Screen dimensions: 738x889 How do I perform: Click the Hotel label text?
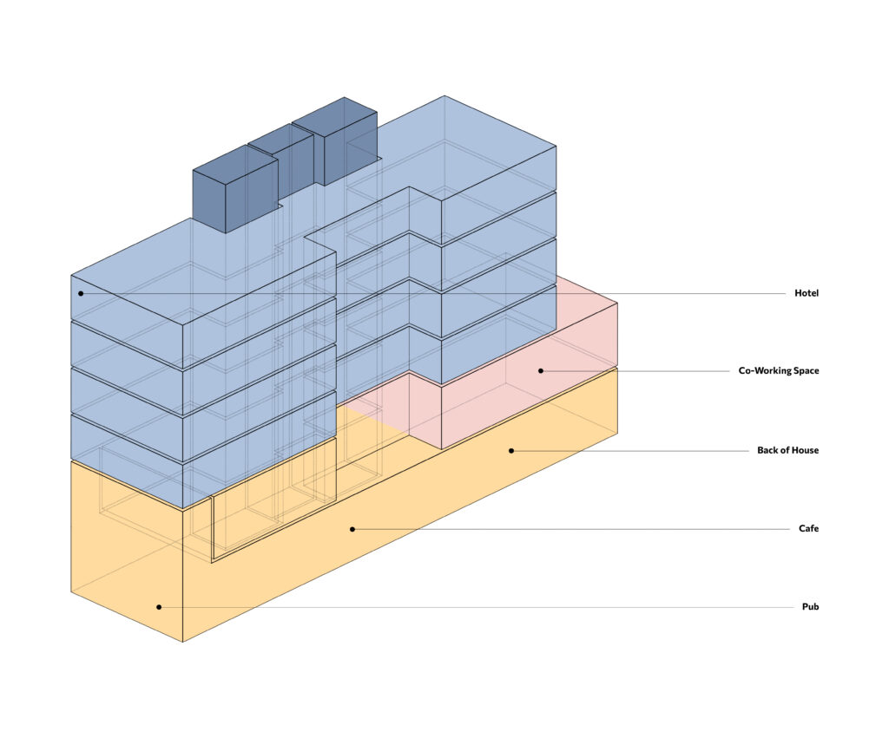click(x=806, y=293)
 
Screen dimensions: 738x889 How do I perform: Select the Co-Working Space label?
click(x=778, y=371)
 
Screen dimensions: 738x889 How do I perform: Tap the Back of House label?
click(x=787, y=451)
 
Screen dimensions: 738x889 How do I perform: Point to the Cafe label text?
click(x=808, y=528)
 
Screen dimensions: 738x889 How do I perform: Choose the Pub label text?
click(x=810, y=607)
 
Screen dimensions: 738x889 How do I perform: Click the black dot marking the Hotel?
click(x=81, y=293)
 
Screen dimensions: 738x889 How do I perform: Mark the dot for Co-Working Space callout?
click(x=540, y=370)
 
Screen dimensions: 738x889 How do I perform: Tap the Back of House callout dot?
click(x=511, y=451)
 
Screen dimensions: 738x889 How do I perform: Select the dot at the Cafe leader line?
click(x=352, y=528)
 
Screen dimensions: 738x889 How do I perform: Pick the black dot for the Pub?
click(x=159, y=607)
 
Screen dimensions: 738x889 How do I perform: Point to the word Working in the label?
click(x=772, y=371)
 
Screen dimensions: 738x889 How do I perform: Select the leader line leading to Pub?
click(x=477, y=607)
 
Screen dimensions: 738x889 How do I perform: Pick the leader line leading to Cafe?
click(x=564, y=528)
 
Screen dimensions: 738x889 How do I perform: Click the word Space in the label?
click(x=806, y=371)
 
